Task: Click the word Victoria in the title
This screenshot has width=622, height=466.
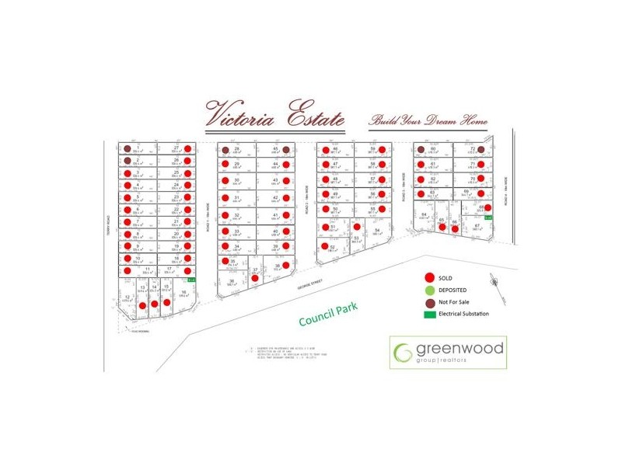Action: tap(243, 115)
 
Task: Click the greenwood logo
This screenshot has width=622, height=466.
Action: tap(448, 352)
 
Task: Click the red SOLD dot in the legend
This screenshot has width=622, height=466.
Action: tap(428, 277)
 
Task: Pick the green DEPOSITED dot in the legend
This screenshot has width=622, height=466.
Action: tap(428, 290)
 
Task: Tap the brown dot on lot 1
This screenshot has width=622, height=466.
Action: tap(126, 148)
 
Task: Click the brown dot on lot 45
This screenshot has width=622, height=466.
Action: tap(286, 149)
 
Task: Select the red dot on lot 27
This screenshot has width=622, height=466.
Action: tap(187, 148)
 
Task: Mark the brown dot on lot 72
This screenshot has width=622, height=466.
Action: tap(481, 149)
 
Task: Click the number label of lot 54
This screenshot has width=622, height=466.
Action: tap(376, 230)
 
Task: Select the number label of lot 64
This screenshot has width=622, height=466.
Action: tap(424, 214)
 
